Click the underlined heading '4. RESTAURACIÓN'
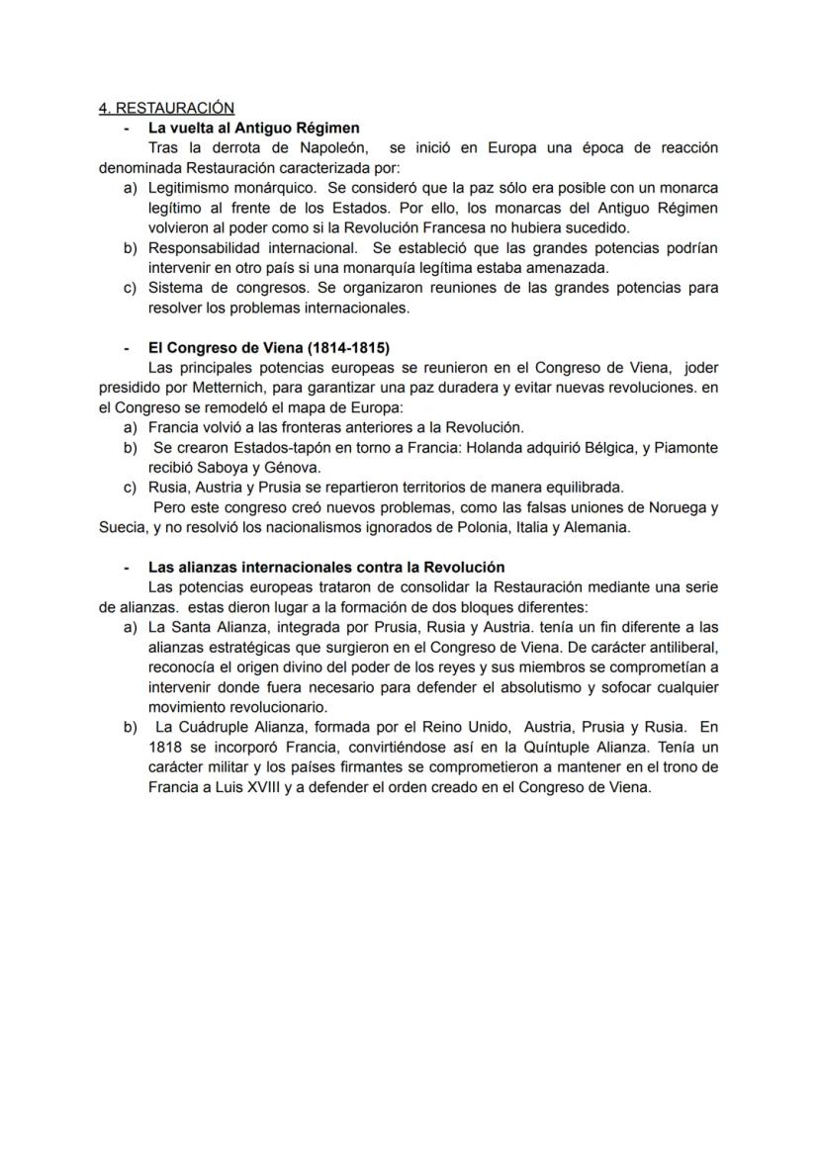pos(166,108)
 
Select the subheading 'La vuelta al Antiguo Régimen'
pos(253,128)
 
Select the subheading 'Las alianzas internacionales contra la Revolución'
pos(326,568)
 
